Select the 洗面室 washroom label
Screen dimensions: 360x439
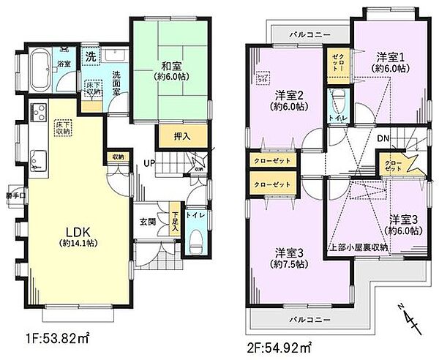pyautogui.click(x=116, y=78)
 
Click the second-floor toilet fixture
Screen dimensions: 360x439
pyautogui.click(x=337, y=100)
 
